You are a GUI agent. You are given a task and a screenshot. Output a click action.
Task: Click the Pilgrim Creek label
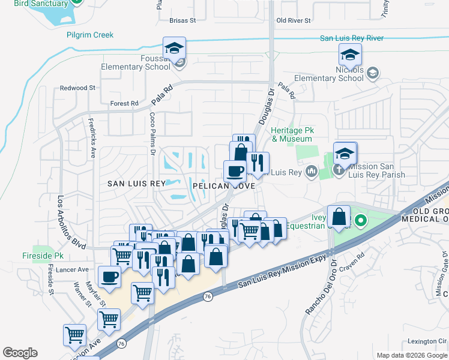tap(91, 35)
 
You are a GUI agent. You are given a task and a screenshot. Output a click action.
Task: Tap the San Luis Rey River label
tap(352, 38)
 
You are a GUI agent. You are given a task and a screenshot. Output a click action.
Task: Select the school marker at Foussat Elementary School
tap(174, 48)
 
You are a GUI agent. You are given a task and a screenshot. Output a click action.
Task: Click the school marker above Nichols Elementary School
tap(350, 55)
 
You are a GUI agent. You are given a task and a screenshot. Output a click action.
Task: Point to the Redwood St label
tap(77, 88)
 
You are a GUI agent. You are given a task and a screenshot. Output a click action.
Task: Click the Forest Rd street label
tap(124, 103)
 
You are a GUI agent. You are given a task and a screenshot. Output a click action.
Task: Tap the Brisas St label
tap(182, 20)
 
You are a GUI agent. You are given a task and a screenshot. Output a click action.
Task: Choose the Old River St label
tap(293, 20)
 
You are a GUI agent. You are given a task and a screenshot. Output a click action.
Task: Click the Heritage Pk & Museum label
tap(292, 134)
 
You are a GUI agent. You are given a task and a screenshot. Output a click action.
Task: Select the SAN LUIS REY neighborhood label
tap(136, 184)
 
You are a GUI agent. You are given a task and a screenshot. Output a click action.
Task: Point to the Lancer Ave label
tap(71, 270)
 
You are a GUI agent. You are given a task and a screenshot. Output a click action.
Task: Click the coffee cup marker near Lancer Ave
tap(109, 277)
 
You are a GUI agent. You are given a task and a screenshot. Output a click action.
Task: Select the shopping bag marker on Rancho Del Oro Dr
tap(339, 217)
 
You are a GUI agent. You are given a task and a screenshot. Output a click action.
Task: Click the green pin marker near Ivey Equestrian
tap(360, 222)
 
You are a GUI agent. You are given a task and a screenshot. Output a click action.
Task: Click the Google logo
tap(20, 353)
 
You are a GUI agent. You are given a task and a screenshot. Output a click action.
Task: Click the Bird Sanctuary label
tap(41, 4)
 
